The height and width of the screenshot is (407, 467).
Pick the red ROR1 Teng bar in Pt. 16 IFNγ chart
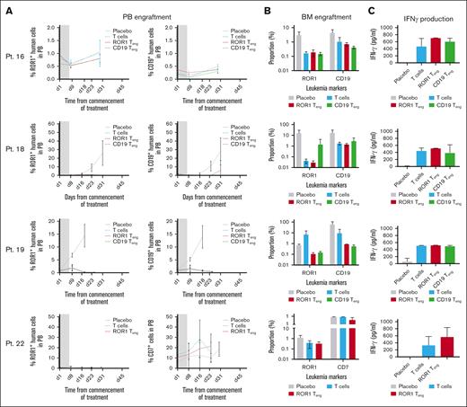click(x=434, y=50)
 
